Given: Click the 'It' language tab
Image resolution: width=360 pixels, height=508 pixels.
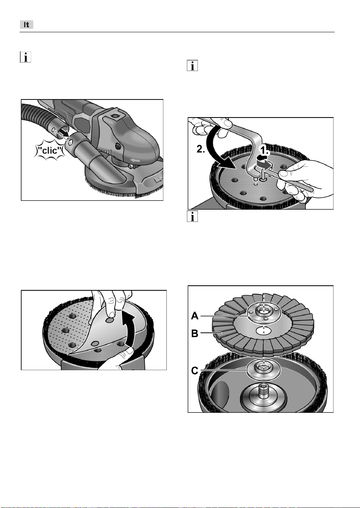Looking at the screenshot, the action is click(x=27, y=25).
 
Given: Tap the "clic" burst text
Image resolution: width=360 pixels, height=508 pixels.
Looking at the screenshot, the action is click(x=49, y=150).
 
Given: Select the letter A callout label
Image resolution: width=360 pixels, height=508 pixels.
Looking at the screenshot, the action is click(x=195, y=316).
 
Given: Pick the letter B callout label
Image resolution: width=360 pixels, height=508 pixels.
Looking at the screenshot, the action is click(x=195, y=333).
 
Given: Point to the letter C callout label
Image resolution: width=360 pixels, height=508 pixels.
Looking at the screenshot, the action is click(x=195, y=371).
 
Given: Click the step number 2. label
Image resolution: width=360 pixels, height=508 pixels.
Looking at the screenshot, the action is click(x=201, y=149).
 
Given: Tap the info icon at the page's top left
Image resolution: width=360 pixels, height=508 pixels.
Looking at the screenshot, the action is click(x=25, y=57).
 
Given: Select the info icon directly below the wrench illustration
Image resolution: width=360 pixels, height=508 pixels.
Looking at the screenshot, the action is click(x=192, y=216).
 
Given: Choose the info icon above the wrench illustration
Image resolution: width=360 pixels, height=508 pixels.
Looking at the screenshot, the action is click(x=192, y=66).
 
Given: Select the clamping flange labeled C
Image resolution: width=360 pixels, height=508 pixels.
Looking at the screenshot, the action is click(x=264, y=370).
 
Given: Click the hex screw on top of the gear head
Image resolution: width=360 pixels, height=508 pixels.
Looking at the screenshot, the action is click(x=113, y=116).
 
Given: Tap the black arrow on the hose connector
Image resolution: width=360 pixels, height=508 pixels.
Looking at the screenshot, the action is click(x=65, y=134).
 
